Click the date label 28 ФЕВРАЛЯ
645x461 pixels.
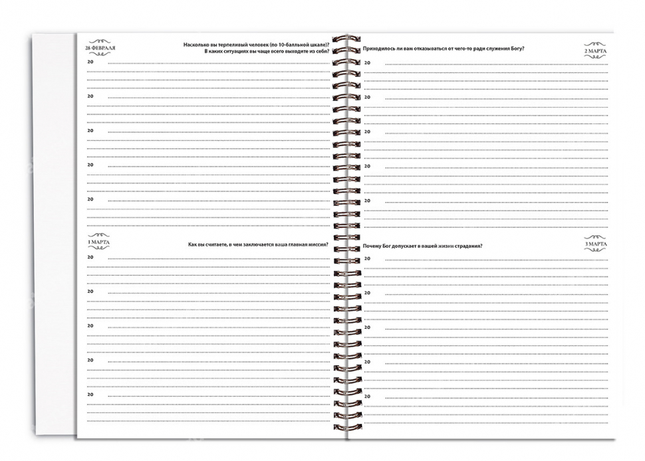coord(99,50)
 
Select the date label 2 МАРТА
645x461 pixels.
coord(595,51)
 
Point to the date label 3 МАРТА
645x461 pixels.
coord(595,244)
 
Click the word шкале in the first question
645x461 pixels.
coord(317,45)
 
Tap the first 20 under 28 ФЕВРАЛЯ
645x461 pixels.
coord(91,62)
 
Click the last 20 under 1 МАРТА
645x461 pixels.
coord(91,395)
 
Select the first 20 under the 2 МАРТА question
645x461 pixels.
coord(367,62)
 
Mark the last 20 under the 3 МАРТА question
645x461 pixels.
coord(367,396)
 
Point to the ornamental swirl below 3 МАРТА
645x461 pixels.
coord(595,250)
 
